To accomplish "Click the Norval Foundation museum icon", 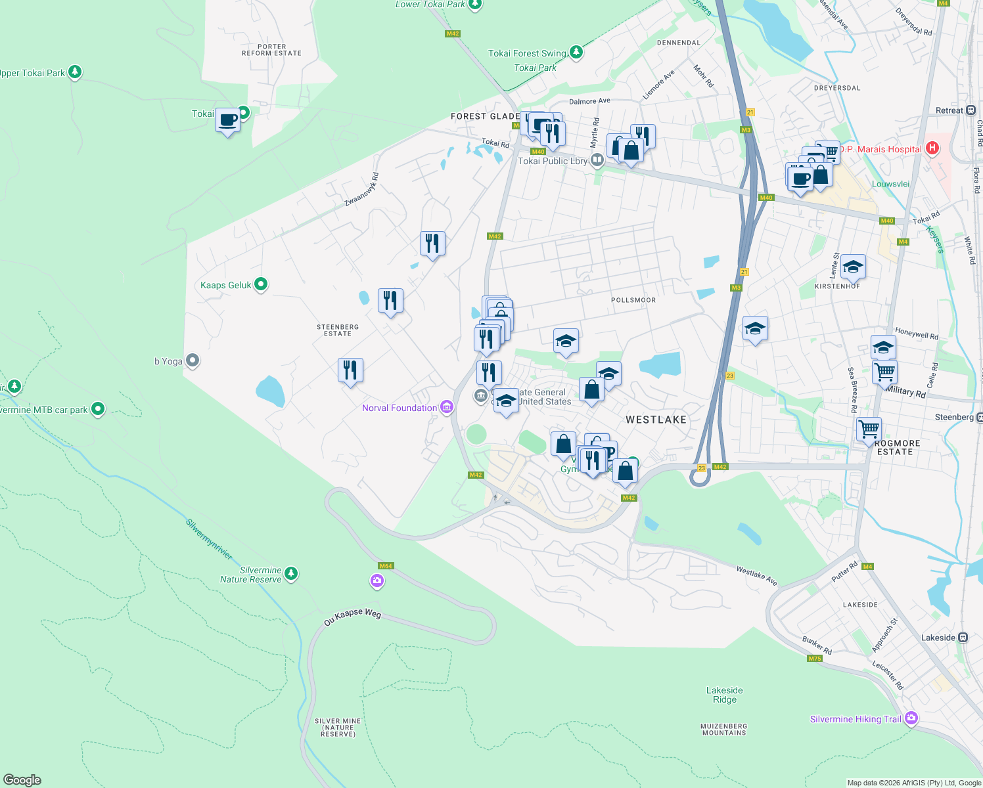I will (x=447, y=408).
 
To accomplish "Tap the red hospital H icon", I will (x=932, y=148).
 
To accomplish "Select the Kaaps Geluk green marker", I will (x=261, y=284).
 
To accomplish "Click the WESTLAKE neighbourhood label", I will (x=655, y=420).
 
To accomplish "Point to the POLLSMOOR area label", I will (x=633, y=300).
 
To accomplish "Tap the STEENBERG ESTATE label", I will (x=338, y=330).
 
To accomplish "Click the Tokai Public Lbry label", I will (x=552, y=161).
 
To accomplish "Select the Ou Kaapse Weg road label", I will (x=352, y=617).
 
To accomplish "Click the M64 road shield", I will (x=386, y=566).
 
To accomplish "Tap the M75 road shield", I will (x=815, y=659).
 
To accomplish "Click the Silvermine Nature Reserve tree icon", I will (x=291, y=574).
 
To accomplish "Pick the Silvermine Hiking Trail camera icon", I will (x=911, y=718).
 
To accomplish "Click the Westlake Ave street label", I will (x=756, y=576).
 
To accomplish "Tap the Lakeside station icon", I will (x=963, y=638).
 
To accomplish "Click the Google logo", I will (x=22, y=780).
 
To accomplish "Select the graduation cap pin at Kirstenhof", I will (x=852, y=266).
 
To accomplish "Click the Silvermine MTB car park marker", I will (x=98, y=409).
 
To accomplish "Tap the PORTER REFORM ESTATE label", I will (x=271, y=50).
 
